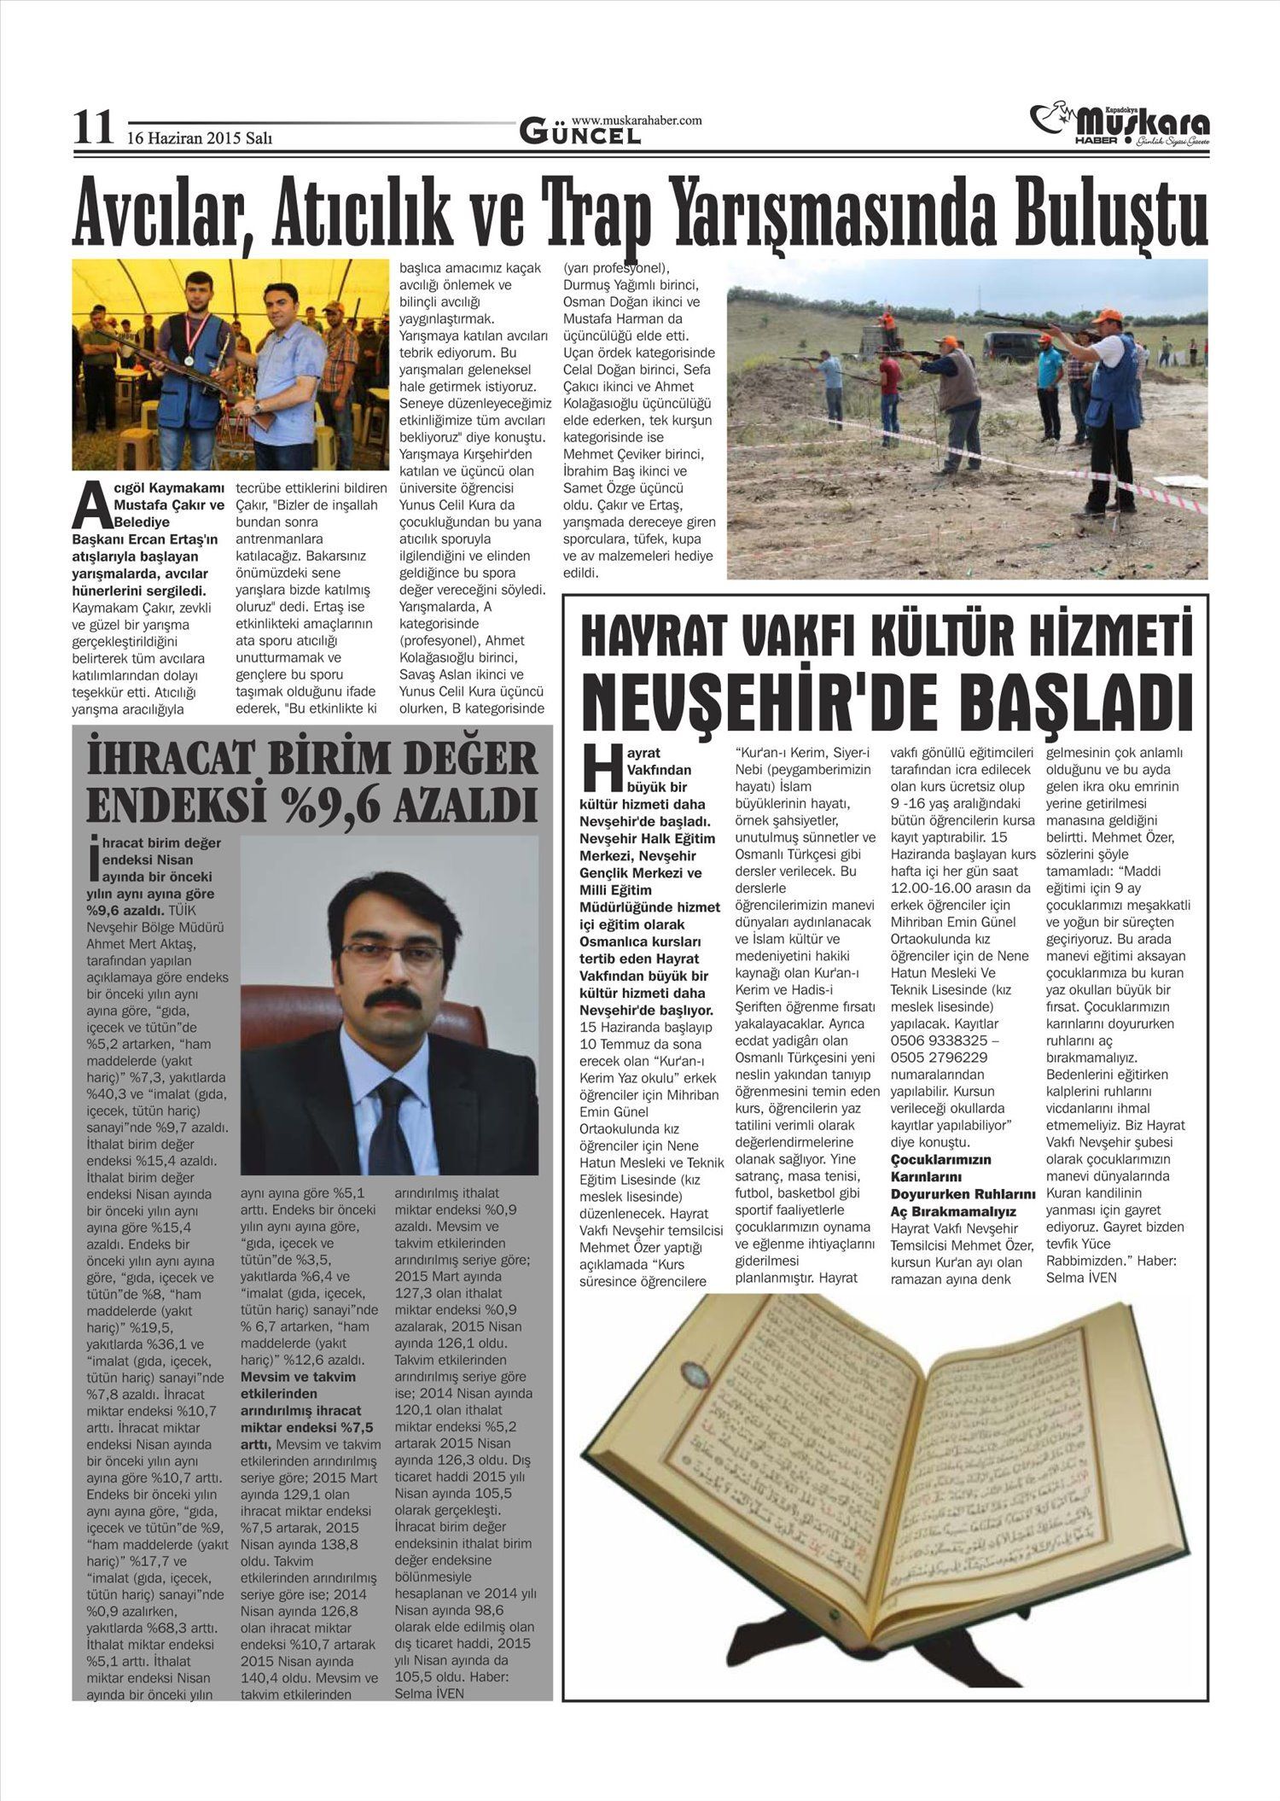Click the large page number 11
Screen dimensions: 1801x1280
click(x=92, y=129)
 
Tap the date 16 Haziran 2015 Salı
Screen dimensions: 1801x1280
click(x=200, y=137)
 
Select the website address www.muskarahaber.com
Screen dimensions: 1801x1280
click(x=637, y=120)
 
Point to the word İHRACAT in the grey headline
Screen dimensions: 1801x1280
click(x=167, y=759)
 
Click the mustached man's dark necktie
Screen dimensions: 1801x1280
click(x=391, y=1127)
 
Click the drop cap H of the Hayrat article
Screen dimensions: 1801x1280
click(x=596, y=766)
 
